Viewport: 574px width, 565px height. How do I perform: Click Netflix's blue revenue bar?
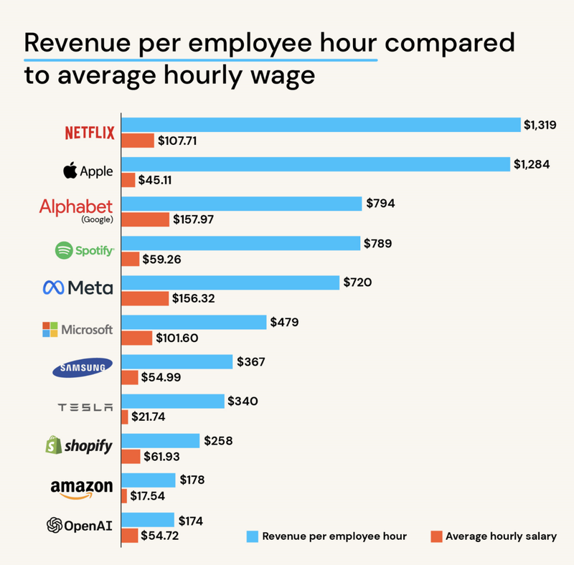point(321,125)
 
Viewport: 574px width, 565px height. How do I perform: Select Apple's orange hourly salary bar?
point(128,180)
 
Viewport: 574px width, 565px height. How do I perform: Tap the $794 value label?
point(380,204)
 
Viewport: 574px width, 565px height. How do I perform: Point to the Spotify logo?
point(84,251)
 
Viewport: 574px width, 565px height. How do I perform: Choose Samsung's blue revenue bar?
point(177,362)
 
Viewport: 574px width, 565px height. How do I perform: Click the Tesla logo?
point(85,407)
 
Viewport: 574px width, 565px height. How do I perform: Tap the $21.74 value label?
point(148,417)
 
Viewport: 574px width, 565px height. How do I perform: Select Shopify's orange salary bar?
point(131,456)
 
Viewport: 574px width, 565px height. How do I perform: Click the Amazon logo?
point(81,489)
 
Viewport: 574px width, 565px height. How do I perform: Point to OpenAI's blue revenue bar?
point(148,520)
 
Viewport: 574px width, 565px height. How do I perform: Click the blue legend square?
point(251,536)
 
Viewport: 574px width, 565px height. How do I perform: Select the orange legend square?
point(435,536)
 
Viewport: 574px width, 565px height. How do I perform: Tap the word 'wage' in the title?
point(282,75)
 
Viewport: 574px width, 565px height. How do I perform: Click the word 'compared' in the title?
point(450,42)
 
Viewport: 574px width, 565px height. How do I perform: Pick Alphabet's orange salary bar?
point(146,219)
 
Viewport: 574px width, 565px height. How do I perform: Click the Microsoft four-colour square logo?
point(50,330)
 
